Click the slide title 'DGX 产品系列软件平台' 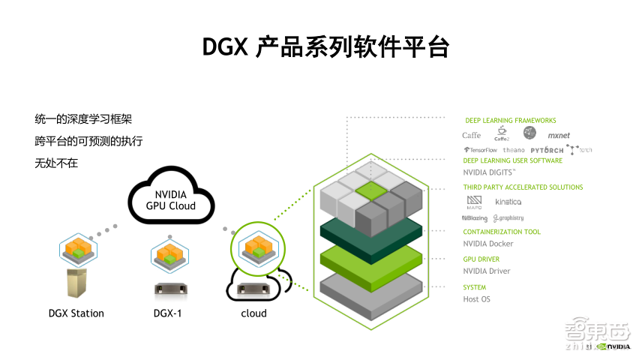click(x=325, y=46)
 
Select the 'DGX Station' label click(x=76, y=313)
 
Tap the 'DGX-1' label click(x=166, y=313)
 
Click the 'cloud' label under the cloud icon click(x=253, y=313)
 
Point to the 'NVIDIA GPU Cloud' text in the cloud click(x=170, y=200)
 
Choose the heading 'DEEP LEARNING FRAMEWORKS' click(x=510, y=120)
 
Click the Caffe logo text click(x=472, y=136)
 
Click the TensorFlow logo click(x=480, y=150)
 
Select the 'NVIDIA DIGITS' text click(x=490, y=172)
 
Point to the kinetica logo click(x=508, y=202)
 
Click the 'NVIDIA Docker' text click(x=488, y=244)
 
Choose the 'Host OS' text click(x=476, y=299)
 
